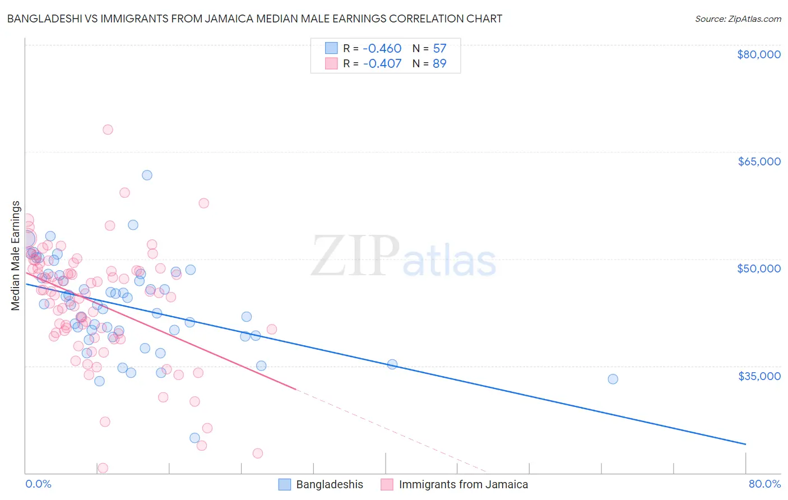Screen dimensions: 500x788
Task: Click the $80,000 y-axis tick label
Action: (x=758, y=54)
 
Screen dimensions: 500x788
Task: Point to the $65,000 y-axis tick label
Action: (x=758, y=161)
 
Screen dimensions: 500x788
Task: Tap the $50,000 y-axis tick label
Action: (x=758, y=268)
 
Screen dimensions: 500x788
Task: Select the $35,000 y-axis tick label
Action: (x=758, y=376)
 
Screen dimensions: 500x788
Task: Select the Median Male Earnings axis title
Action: (x=16, y=255)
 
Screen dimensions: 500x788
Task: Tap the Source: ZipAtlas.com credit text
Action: (x=738, y=18)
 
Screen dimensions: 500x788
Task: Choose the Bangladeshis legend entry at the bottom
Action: (x=329, y=485)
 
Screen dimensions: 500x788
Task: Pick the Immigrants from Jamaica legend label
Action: (x=463, y=485)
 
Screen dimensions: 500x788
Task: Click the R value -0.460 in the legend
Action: (x=382, y=49)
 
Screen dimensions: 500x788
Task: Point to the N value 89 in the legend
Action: (x=439, y=64)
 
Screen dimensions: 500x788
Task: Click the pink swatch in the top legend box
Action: (x=331, y=64)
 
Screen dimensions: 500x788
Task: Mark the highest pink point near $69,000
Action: (x=108, y=129)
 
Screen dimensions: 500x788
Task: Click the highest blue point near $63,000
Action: (x=147, y=175)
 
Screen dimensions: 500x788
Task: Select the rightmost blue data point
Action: (x=613, y=379)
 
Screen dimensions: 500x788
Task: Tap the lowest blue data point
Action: (x=194, y=438)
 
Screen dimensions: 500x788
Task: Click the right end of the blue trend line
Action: (x=745, y=444)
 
